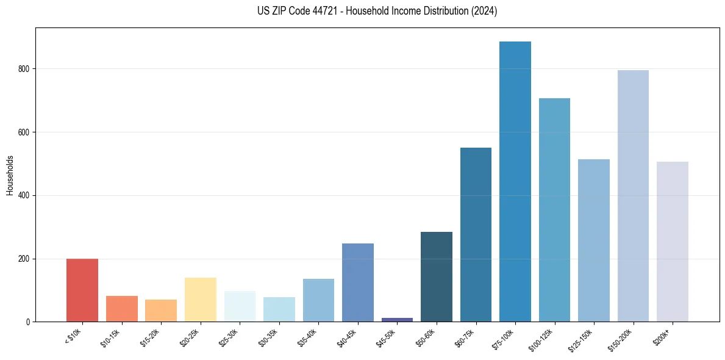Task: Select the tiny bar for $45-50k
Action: click(397, 319)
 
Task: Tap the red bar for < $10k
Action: click(82, 290)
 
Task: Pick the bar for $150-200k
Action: click(633, 196)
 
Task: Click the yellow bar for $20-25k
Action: click(201, 300)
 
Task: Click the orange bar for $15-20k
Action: click(161, 311)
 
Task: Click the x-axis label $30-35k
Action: click(270, 337)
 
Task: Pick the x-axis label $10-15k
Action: click(112, 337)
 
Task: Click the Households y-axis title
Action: click(10, 175)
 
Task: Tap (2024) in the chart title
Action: click(485, 11)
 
